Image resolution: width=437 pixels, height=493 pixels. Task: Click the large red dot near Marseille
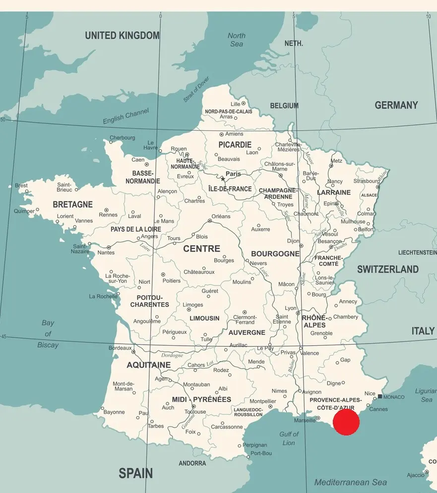pos(346,422)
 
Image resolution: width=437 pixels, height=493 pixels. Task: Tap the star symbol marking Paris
pos(223,179)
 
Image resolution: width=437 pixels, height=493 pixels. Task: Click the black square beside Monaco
pos(380,396)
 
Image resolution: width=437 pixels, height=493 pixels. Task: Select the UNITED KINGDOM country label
pos(122,35)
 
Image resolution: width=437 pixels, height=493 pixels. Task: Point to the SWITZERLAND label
pos(388,269)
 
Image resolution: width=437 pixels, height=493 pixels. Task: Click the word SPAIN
pos(135,473)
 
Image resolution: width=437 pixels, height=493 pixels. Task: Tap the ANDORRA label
pos(192,463)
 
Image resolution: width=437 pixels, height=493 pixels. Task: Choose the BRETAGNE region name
pos(72,204)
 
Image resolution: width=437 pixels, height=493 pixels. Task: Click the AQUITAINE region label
pos(148,365)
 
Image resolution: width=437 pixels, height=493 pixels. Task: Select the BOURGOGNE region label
pos(275,253)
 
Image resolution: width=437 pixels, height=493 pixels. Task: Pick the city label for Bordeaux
pos(120,348)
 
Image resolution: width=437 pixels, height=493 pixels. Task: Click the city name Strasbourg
pos(367,181)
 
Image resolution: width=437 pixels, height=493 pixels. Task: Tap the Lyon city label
pos(291,308)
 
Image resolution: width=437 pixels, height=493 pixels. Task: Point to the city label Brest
pos(21,185)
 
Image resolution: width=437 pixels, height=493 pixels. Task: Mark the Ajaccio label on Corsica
pos(415,475)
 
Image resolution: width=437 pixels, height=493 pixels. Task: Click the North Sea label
pos(237,40)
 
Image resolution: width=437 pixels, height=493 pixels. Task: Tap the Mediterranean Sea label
pos(350,482)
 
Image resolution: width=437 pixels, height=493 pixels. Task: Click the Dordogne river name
pos(172,355)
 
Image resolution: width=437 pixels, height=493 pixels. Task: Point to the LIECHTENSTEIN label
pos(417,252)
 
